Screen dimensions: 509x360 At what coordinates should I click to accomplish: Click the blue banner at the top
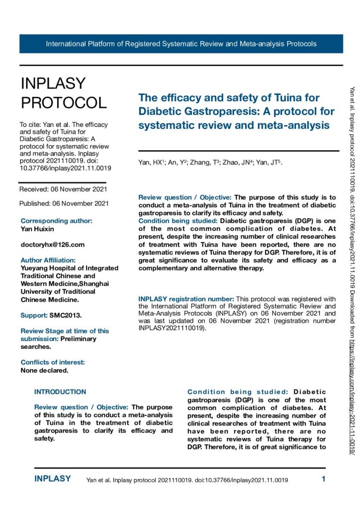[x=181, y=44]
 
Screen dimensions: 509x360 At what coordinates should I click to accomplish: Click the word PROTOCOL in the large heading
[x=63, y=102]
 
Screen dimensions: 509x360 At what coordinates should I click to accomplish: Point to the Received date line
[x=63, y=189]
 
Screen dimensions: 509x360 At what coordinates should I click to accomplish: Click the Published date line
[x=64, y=203]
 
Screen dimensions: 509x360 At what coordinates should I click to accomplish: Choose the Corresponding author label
[x=56, y=221]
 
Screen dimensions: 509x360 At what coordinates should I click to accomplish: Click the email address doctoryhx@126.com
[x=53, y=245]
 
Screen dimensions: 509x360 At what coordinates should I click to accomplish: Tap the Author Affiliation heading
[x=48, y=260]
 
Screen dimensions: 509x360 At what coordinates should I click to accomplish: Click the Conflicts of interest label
[x=53, y=348]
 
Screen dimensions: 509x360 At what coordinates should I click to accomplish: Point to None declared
[x=45, y=356]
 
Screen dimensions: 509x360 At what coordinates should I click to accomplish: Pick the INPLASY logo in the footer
[x=53, y=479]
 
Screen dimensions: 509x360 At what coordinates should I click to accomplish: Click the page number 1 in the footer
[x=323, y=479]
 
